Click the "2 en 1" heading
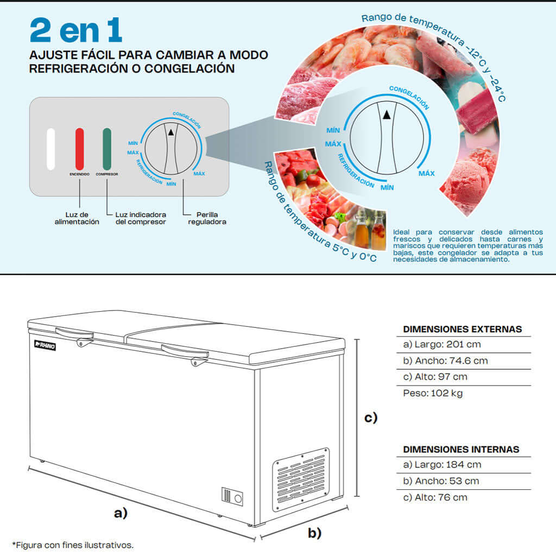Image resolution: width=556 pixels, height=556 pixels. click(76, 30)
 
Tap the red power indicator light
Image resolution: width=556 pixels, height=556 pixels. click(80, 149)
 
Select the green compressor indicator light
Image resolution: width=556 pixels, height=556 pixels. click(107, 149)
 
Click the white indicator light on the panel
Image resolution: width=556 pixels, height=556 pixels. click(51, 149)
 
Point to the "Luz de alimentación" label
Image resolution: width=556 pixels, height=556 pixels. click(77, 218)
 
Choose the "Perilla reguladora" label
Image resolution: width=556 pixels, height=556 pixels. click(207, 218)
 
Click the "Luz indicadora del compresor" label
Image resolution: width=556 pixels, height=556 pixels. click(141, 218)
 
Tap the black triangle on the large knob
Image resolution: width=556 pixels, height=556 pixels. click(386, 115)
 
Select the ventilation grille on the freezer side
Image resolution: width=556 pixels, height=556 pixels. click(301, 479)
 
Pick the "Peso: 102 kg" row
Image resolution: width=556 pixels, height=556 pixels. click(433, 393)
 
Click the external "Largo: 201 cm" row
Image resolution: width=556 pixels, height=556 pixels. click(442, 344)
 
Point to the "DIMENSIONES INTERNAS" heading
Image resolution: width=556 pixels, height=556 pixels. click(461, 449)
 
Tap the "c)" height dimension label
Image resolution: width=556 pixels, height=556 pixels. click(370, 418)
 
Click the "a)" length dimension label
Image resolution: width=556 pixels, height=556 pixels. click(121, 512)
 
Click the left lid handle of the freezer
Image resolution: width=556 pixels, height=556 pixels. click(74, 332)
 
